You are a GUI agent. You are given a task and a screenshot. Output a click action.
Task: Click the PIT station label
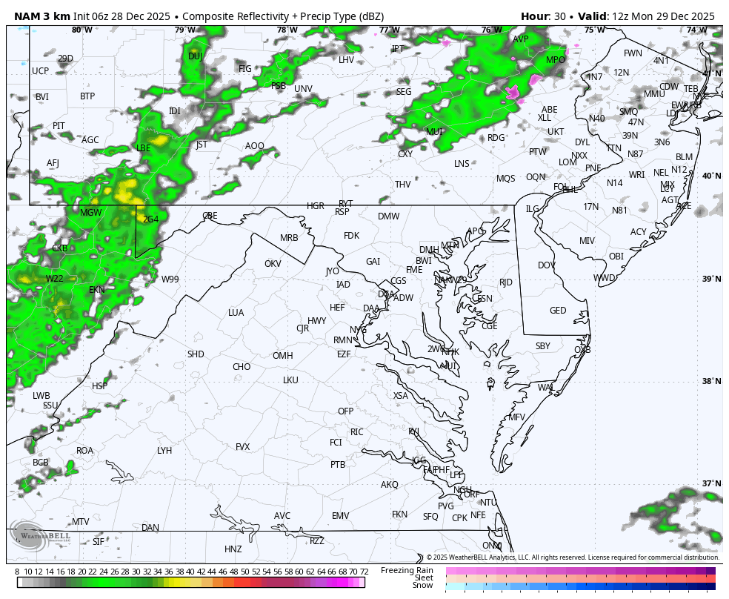[59, 126]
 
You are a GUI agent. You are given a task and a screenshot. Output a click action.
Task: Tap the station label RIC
[357, 432]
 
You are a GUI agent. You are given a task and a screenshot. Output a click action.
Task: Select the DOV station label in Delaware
[546, 265]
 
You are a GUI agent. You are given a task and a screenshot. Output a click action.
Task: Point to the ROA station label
[85, 451]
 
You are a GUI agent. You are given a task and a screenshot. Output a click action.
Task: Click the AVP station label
[521, 39]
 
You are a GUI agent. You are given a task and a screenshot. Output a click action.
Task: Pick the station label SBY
[543, 346]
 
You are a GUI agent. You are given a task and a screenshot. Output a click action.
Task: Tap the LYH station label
[164, 451]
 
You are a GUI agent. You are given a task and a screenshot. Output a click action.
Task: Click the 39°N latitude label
[711, 279]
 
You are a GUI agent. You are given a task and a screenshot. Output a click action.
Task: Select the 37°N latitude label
[711, 484]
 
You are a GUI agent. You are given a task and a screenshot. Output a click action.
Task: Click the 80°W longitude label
[82, 30]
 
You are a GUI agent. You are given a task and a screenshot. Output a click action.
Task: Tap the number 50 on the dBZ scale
[244, 572]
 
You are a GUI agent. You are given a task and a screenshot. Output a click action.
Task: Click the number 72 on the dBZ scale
[364, 572]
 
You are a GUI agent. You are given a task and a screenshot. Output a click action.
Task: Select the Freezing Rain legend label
[407, 570]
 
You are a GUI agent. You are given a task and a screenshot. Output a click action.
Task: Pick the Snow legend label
[423, 586]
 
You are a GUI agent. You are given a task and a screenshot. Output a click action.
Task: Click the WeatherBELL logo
[41, 535]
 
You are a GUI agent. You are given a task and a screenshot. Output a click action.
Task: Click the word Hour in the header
[534, 16]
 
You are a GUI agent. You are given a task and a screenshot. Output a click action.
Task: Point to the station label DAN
[150, 528]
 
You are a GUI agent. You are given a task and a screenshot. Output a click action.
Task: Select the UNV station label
[303, 89]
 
